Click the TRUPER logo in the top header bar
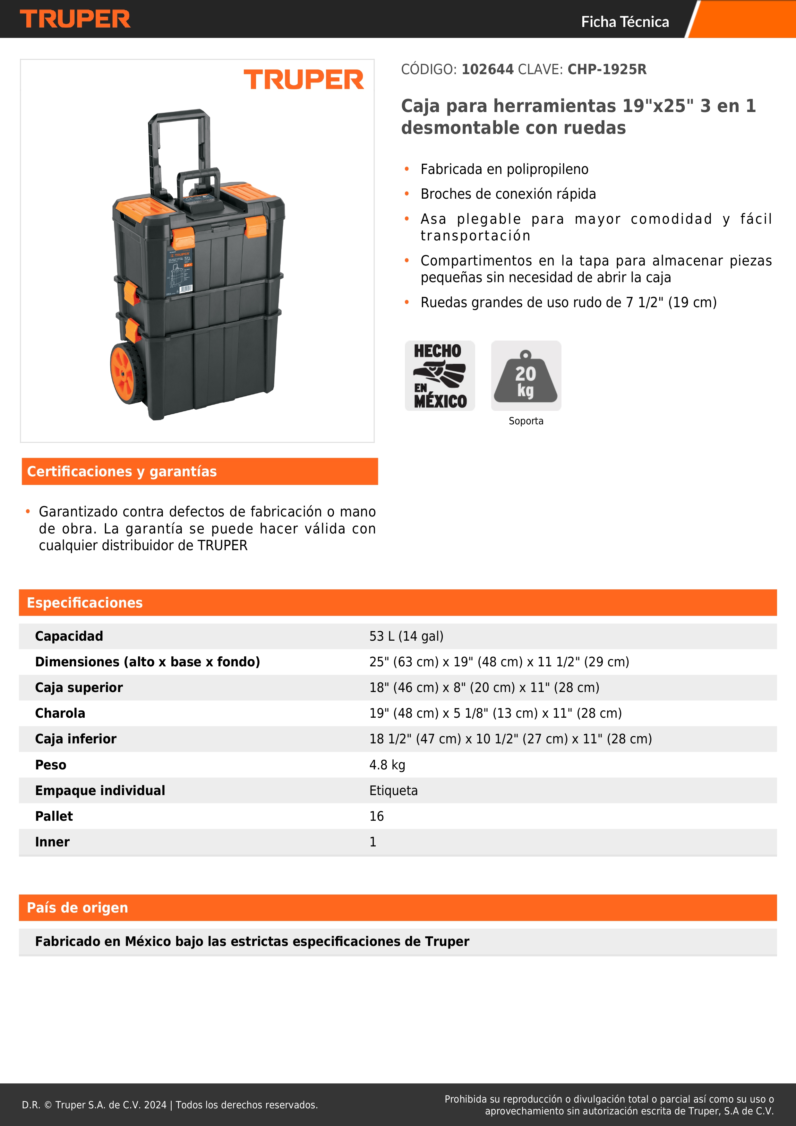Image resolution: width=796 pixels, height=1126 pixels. click(x=75, y=19)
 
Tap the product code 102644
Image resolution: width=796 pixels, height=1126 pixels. click(x=487, y=70)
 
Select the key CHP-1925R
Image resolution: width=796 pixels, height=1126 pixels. click(x=607, y=70)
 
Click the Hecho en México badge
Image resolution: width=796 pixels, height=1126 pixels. click(x=440, y=376)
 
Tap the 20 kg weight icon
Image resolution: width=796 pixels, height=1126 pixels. click(x=526, y=376)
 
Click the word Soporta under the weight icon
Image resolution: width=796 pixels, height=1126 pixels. click(x=526, y=421)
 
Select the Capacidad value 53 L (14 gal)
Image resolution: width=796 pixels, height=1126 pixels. click(x=406, y=636)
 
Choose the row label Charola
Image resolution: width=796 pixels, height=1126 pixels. click(x=60, y=713)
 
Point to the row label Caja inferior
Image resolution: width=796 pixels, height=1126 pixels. click(x=75, y=739)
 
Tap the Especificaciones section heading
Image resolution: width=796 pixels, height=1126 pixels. click(x=84, y=603)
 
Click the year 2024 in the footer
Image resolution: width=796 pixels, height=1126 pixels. click(x=155, y=1104)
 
